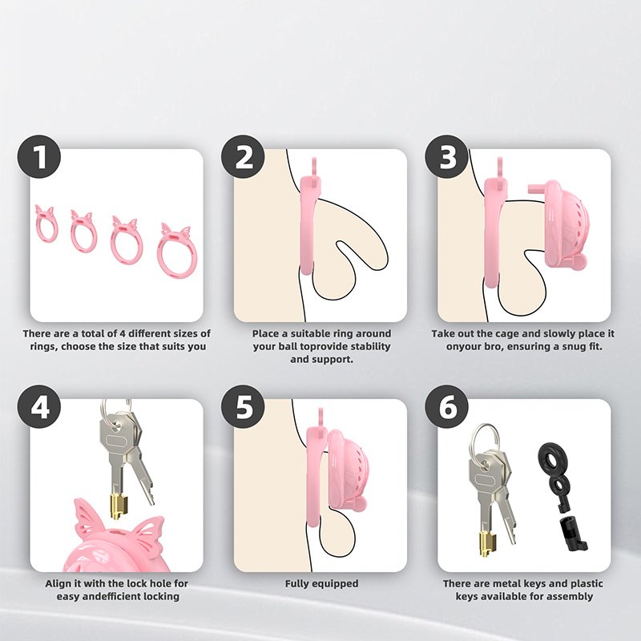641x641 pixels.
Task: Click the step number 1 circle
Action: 38,157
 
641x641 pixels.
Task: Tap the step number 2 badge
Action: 244,157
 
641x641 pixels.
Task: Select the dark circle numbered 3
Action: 447,157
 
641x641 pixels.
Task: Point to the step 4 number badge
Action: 38,407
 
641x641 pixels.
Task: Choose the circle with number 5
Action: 244,407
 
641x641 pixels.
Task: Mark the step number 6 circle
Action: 447,407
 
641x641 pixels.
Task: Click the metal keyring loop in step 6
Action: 486,441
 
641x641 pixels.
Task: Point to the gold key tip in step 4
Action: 118,506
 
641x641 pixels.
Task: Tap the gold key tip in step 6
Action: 489,543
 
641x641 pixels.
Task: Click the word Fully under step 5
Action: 297,584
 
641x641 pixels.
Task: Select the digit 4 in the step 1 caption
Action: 122,333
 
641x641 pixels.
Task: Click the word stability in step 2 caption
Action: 370,347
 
